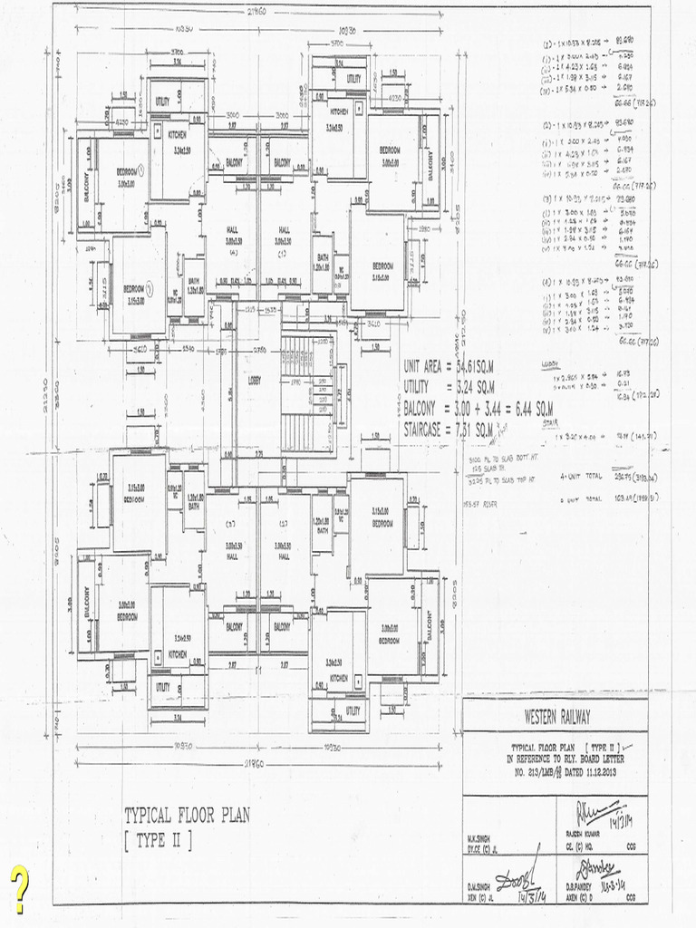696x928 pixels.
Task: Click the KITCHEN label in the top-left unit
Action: click(x=176, y=133)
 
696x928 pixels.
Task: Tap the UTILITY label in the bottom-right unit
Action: click(x=353, y=710)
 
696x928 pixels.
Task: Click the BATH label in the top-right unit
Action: click(x=323, y=257)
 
